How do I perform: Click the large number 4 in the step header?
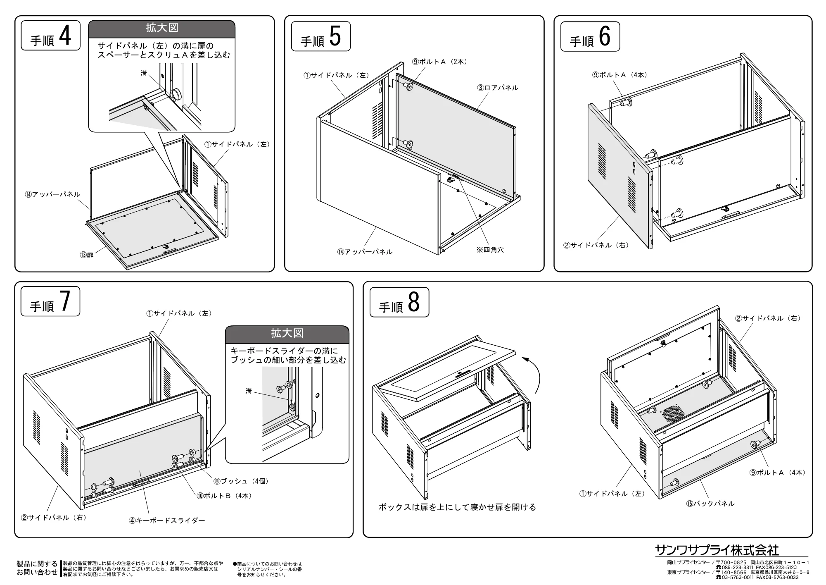click(x=65, y=36)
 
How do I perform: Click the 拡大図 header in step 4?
click(x=162, y=28)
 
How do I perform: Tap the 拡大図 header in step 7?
click(x=287, y=334)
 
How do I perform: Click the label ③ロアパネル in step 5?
click(x=498, y=88)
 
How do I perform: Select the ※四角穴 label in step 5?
click(x=490, y=250)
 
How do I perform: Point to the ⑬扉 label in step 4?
click(x=87, y=255)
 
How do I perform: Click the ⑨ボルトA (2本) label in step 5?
click(x=439, y=62)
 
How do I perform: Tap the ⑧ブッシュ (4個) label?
click(x=241, y=481)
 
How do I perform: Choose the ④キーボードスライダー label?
click(x=167, y=521)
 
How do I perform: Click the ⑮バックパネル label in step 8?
click(x=710, y=504)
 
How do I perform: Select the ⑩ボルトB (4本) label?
click(x=224, y=496)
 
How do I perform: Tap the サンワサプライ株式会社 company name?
click(x=717, y=550)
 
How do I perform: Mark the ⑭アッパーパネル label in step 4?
click(x=52, y=194)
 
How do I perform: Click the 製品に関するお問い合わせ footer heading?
click(x=37, y=568)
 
